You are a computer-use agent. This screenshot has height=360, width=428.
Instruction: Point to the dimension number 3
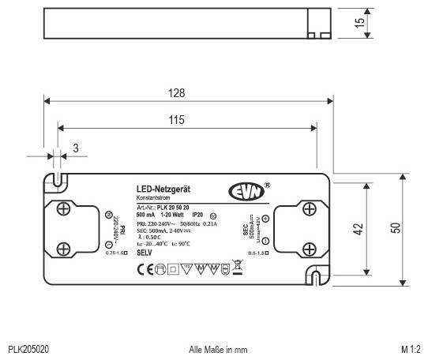[76, 148]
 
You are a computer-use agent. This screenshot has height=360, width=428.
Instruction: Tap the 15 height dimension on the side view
[360, 24]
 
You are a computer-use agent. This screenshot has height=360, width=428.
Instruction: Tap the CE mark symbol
[145, 268]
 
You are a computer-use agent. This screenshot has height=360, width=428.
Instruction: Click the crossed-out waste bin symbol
[236, 267]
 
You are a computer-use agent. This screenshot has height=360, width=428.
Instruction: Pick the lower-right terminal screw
[310, 246]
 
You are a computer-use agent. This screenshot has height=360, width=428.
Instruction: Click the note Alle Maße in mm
[219, 348]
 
